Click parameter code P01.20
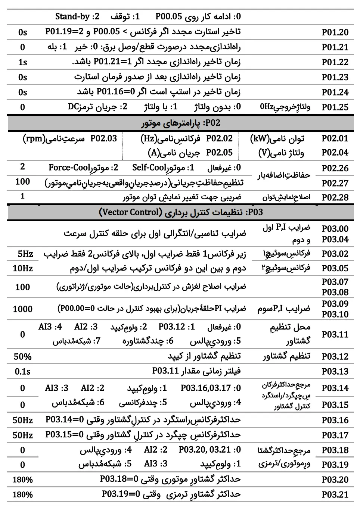coord(335,32)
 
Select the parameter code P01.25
coord(335,107)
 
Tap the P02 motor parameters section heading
coord(180,123)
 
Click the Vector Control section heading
coord(181,212)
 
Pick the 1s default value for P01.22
coord(23,62)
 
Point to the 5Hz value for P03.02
coord(25,254)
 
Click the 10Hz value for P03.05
coord(23,268)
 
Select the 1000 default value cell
coord(23,309)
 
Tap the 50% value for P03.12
coord(23,357)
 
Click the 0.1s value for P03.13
coord(23,372)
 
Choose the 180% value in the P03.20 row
coord(23,480)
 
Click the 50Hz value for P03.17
coord(23,435)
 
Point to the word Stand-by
coord(72,16)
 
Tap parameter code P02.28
coord(335,198)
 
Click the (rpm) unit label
coord(34,139)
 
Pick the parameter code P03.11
coord(335,334)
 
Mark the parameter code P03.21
coord(335,495)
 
